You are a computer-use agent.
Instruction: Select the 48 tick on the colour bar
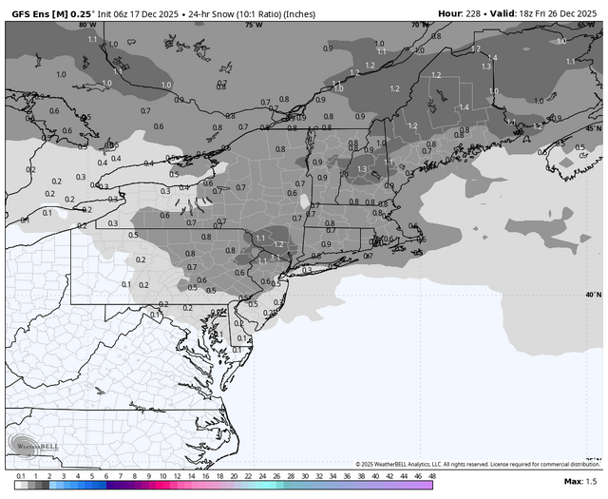point(432,474)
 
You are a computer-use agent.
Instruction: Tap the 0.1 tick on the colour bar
point(20,474)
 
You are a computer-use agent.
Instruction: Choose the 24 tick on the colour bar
point(262,474)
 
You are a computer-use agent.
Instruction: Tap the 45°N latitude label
point(593,127)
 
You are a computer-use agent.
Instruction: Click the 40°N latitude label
point(593,295)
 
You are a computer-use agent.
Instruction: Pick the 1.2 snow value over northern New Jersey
point(279,244)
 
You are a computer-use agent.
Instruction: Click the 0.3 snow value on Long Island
point(306,270)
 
